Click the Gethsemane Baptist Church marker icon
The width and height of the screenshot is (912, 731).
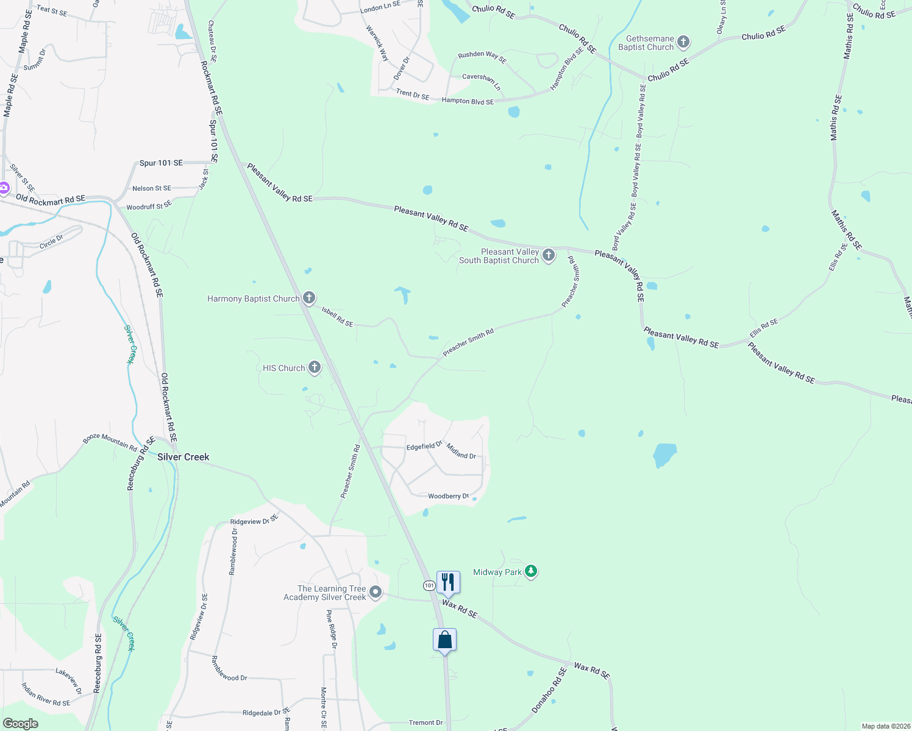tap(683, 42)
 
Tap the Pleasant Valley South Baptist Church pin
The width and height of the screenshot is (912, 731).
tap(549, 255)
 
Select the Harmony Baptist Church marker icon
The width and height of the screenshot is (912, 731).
tap(309, 298)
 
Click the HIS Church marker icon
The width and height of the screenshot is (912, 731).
tap(315, 367)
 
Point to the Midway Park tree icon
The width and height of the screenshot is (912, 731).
tap(532, 571)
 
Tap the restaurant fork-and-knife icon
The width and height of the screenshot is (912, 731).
tap(448, 582)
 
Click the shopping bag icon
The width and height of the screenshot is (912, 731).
tap(444, 640)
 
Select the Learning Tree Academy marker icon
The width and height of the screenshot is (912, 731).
tap(376, 592)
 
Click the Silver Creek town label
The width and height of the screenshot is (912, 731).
tap(183, 457)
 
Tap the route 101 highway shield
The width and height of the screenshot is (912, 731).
tap(429, 585)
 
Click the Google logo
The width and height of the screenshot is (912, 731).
tap(20, 724)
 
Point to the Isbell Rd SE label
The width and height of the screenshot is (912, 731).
tap(337, 317)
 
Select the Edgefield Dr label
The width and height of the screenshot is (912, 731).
tap(424, 446)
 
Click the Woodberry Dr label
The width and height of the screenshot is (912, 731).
tap(448, 496)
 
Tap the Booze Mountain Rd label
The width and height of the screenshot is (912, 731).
tap(110, 440)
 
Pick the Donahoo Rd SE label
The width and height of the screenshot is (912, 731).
tap(549, 690)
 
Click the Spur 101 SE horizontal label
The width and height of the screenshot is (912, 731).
tap(161, 163)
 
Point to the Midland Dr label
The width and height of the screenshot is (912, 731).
tap(461, 451)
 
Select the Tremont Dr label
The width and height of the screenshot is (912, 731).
tap(426, 722)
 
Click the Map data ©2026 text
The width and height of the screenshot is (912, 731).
tap(885, 726)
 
